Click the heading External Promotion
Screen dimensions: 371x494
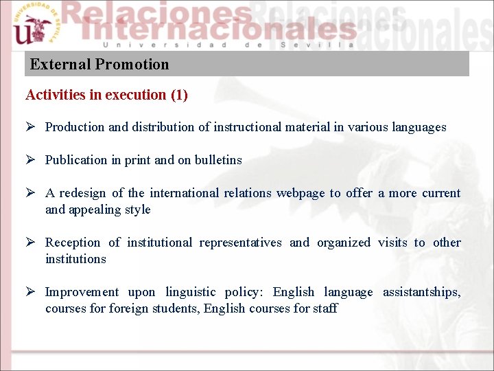click(x=99, y=65)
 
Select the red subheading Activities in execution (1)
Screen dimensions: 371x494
click(x=106, y=95)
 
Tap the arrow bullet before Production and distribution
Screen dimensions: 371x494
click(x=30, y=127)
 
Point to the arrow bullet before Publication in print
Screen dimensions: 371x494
click(x=30, y=160)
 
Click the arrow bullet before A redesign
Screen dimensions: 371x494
click(x=30, y=193)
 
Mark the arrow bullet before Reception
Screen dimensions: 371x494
click(x=30, y=243)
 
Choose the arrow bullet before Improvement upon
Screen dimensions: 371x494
click(x=30, y=292)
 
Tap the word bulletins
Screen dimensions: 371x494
click(x=218, y=160)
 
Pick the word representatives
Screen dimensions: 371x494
click(x=240, y=243)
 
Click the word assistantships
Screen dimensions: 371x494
click(x=421, y=292)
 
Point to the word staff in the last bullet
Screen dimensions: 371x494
click(x=325, y=308)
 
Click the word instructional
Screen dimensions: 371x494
click(x=247, y=127)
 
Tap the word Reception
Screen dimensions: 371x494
click(x=73, y=243)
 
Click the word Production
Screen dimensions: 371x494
click(x=75, y=127)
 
